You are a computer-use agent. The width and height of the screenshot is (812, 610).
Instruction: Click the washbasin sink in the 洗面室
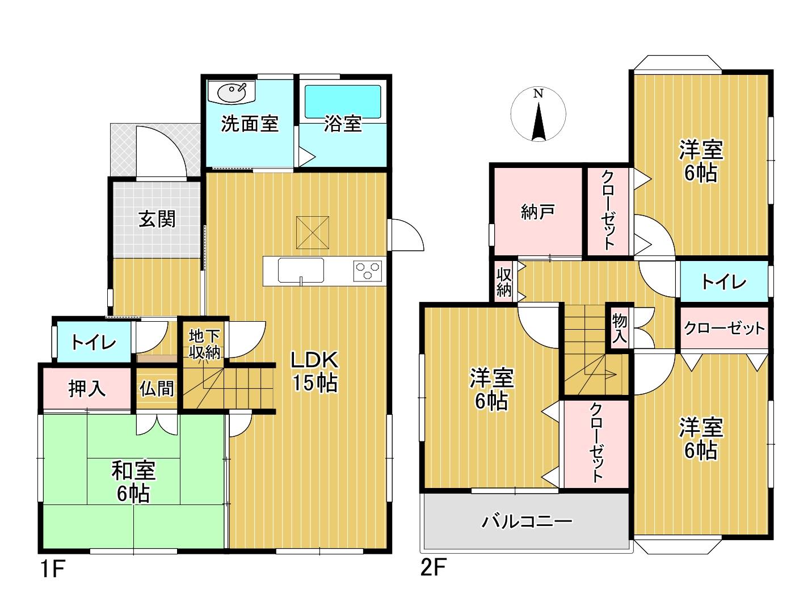tap(231, 91)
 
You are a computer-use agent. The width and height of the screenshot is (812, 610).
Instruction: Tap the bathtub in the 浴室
tap(343, 102)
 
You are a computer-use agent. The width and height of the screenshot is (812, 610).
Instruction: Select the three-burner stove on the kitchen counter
tap(367, 271)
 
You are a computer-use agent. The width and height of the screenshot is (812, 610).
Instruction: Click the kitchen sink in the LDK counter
tap(301, 271)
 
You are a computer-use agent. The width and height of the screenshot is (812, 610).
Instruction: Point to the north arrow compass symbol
tap(538, 114)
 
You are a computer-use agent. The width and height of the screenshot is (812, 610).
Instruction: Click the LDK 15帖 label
tap(315, 371)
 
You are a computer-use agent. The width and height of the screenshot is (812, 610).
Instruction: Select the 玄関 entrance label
tap(157, 219)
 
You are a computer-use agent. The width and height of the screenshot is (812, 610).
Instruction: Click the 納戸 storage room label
tap(538, 212)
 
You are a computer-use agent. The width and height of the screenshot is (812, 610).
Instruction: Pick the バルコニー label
tap(527, 521)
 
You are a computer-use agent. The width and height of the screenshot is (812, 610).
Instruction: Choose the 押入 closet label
tap(87, 389)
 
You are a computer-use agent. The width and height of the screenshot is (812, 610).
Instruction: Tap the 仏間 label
tap(157, 389)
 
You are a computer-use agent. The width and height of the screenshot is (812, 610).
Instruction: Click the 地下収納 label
tap(205, 344)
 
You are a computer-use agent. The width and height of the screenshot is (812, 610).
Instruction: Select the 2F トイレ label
tap(724, 283)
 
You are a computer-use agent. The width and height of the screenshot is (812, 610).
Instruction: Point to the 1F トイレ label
tap(94, 343)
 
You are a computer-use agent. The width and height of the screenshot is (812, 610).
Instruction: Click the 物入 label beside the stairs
tap(619, 328)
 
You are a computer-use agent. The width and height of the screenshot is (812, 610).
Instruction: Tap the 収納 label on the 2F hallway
tap(504, 283)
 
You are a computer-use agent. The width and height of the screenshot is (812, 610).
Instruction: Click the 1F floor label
tap(53, 569)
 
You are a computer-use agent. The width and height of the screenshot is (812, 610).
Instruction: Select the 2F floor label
tap(434, 567)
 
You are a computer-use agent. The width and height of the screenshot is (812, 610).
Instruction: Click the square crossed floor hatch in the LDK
tap(313, 233)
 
